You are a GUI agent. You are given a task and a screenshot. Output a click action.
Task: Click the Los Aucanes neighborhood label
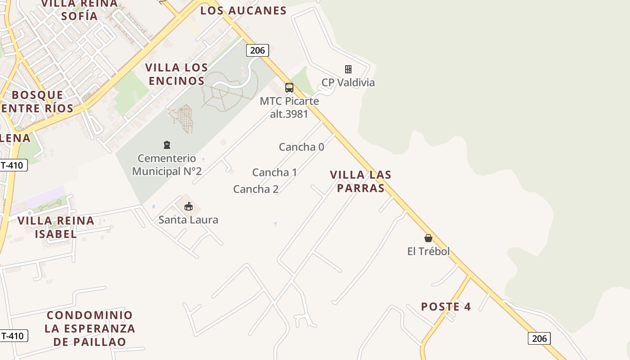tap(243, 10)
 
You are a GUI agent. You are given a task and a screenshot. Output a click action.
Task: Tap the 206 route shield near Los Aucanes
tap(257, 50)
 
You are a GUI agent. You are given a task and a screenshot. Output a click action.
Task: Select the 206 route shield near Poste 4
tap(539, 338)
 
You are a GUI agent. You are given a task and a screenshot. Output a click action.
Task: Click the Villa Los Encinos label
tap(176, 74)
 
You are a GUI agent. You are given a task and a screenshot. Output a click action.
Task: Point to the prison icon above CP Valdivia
tap(348, 69)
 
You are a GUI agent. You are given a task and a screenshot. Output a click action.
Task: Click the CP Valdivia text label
tap(348, 82)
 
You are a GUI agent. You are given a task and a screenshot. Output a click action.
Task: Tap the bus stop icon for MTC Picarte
tap(289, 87)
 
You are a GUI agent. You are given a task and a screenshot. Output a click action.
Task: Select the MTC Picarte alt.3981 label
tap(289, 107)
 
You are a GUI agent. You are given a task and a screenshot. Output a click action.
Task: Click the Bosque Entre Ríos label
tap(37, 101)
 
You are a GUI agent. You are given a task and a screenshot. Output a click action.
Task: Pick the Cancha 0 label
tap(301, 147)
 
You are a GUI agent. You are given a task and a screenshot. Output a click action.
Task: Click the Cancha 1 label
tap(274, 172)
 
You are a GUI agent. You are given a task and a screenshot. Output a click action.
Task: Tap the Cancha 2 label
tap(256, 189)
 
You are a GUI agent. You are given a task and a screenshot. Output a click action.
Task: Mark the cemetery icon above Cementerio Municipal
tap(167, 145)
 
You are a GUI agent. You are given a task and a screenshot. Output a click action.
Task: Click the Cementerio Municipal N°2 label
tap(167, 165)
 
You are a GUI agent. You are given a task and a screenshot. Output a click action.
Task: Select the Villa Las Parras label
tap(360, 181)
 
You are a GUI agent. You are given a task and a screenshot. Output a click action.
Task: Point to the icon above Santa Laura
tap(189, 207)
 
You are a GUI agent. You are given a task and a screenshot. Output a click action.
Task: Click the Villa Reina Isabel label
tap(56, 227)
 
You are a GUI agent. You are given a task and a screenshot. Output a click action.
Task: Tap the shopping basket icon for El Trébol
tap(428, 238)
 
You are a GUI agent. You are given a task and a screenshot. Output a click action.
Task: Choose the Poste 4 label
tap(445, 307)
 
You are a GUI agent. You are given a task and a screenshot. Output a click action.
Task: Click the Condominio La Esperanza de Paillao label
tap(90, 328)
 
